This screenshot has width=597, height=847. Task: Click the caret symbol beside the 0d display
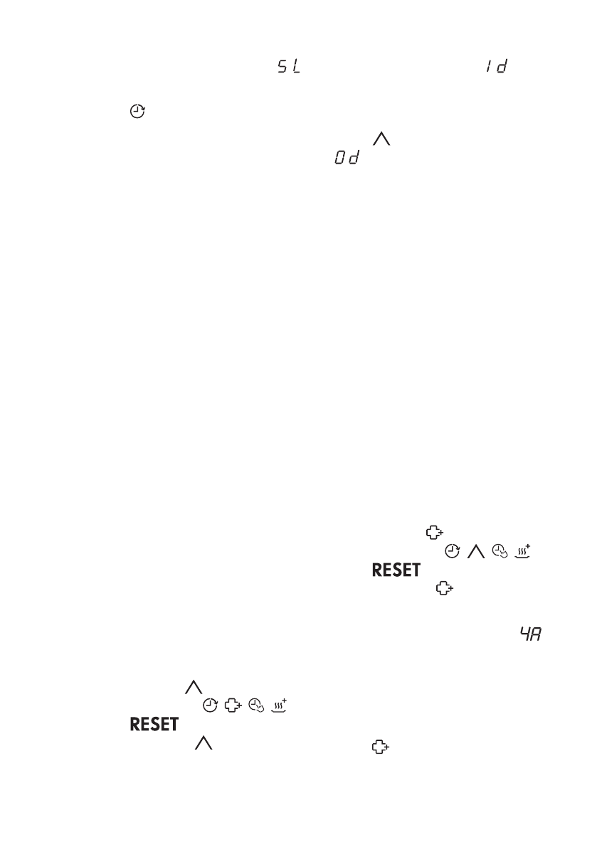tap(382, 142)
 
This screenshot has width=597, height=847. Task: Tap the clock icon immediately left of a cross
tap(210, 705)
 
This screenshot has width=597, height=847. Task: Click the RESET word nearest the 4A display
tap(396, 570)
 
